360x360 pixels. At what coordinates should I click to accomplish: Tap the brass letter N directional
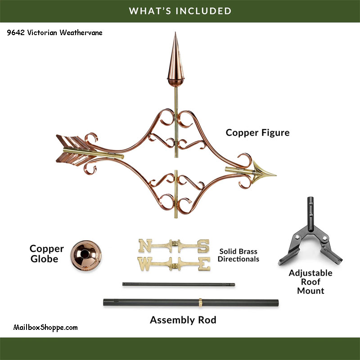pos(145,246)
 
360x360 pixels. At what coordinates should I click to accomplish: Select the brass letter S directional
pos(203,246)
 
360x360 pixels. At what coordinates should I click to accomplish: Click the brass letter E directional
pos(203,263)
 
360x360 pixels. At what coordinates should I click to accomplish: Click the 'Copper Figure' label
pos(257,133)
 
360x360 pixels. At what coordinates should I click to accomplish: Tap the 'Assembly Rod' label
pos(183,320)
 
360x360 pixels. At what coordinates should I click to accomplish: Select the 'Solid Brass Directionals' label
pos(239,255)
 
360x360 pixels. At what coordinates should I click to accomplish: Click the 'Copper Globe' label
pos(47,254)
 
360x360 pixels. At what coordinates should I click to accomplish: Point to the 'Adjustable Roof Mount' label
pos(310,282)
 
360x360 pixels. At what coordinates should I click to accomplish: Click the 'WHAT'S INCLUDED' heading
pos(180,11)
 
